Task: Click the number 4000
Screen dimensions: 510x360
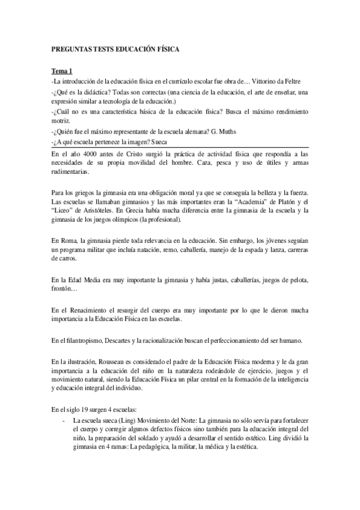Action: click(95, 155)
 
